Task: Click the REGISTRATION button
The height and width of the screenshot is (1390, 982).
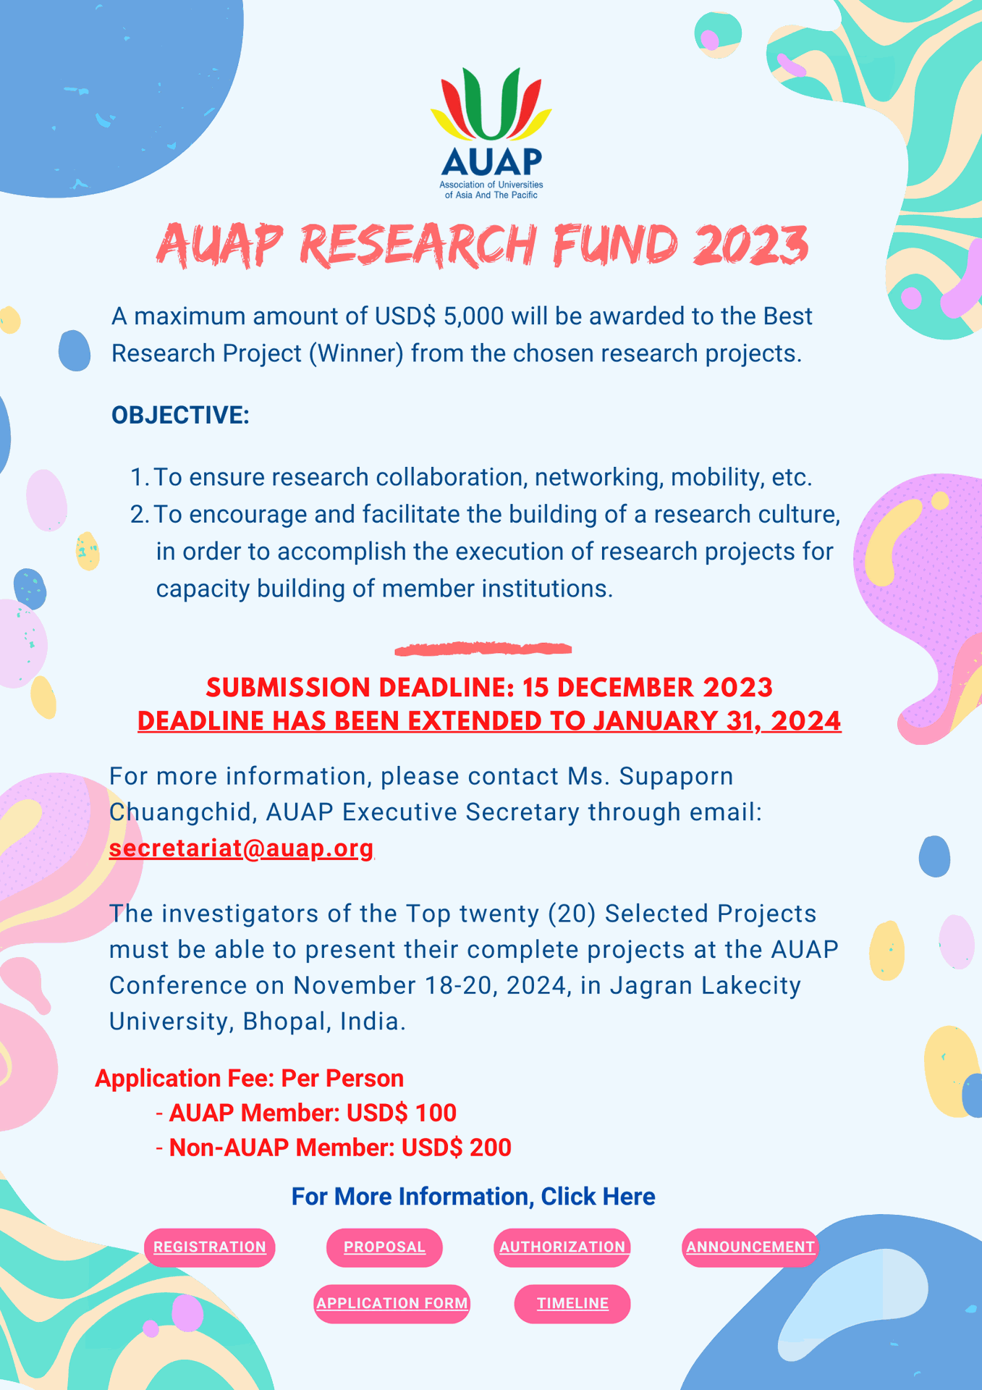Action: [x=210, y=1247]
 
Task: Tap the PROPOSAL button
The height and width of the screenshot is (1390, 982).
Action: [x=384, y=1247]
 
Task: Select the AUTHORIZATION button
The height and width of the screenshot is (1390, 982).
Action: [x=562, y=1247]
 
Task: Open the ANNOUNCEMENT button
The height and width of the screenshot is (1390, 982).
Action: [x=750, y=1247]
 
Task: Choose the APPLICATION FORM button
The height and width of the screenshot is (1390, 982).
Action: [x=392, y=1304]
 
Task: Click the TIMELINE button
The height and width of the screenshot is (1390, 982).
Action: [x=572, y=1304]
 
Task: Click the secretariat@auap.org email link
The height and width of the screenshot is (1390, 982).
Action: [x=241, y=848]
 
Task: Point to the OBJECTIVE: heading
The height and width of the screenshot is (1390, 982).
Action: [x=180, y=416]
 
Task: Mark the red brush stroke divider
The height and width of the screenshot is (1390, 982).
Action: [x=483, y=649]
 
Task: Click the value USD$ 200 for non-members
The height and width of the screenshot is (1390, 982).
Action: [x=457, y=1147]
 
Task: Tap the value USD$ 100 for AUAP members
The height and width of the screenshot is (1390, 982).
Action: [x=402, y=1113]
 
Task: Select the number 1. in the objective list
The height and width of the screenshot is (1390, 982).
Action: [x=140, y=478]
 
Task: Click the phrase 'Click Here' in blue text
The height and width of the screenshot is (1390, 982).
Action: [x=598, y=1197]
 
